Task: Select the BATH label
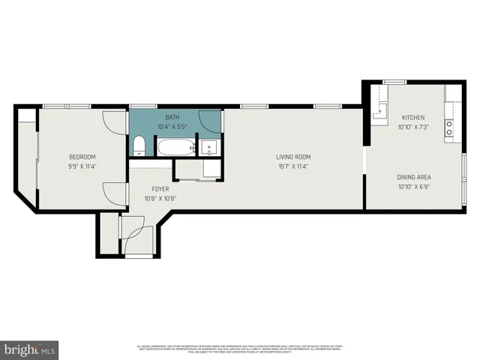172,118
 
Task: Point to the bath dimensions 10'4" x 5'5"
172,127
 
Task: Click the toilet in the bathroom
139,146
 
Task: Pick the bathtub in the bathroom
175,147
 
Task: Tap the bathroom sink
210,147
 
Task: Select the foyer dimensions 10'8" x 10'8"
160,199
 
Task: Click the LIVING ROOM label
292,157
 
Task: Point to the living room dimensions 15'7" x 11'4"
292,166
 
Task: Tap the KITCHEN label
413,118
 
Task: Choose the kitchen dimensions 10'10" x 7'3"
413,127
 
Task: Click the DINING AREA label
413,177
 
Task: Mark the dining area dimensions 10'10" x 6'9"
413,187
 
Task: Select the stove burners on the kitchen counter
450,128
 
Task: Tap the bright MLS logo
30,349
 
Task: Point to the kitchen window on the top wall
394,81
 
